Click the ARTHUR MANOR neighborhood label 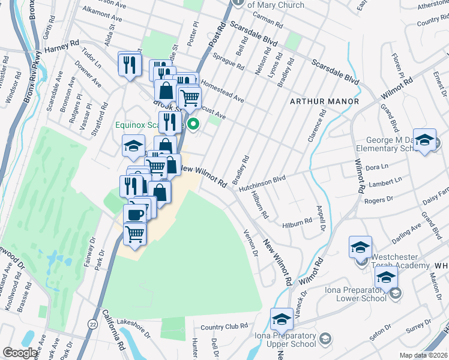[x=324, y=101]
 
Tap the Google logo [x=20, y=353]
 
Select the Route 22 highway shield [x=92, y=324]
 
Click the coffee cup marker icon [x=134, y=213]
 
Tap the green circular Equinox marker [x=193, y=125]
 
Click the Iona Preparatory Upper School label [x=285, y=340]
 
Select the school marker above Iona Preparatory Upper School [x=281, y=319]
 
